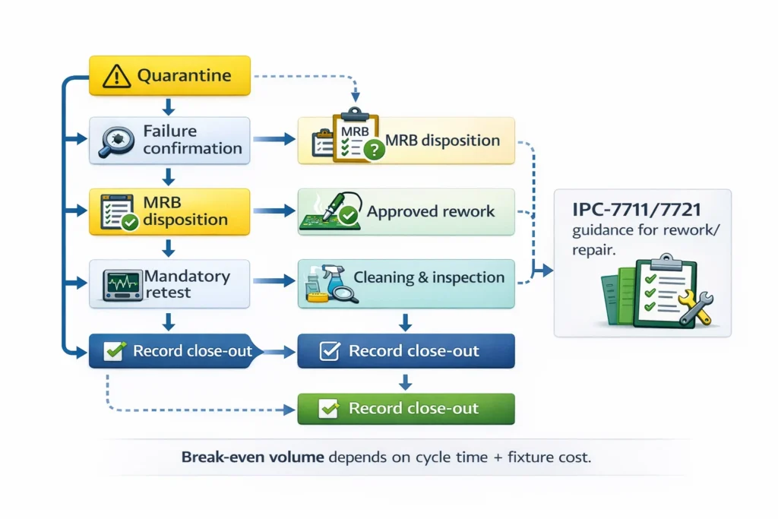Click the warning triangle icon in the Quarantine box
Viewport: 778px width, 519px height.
pyautogui.click(x=116, y=76)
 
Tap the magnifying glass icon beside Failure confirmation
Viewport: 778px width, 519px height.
pyautogui.click(x=117, y=141)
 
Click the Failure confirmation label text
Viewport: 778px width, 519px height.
pyautogui.click(x=192, y=140)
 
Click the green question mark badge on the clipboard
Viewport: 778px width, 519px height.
pyautogui.click(x=374, y=150)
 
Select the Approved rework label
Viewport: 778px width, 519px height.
pyautogui.click(x=431, y=212)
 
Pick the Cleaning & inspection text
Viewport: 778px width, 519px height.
pyautogui.click(x=439, y=277)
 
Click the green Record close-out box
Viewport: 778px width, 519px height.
pyautogui.click(x=406, y=408)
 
